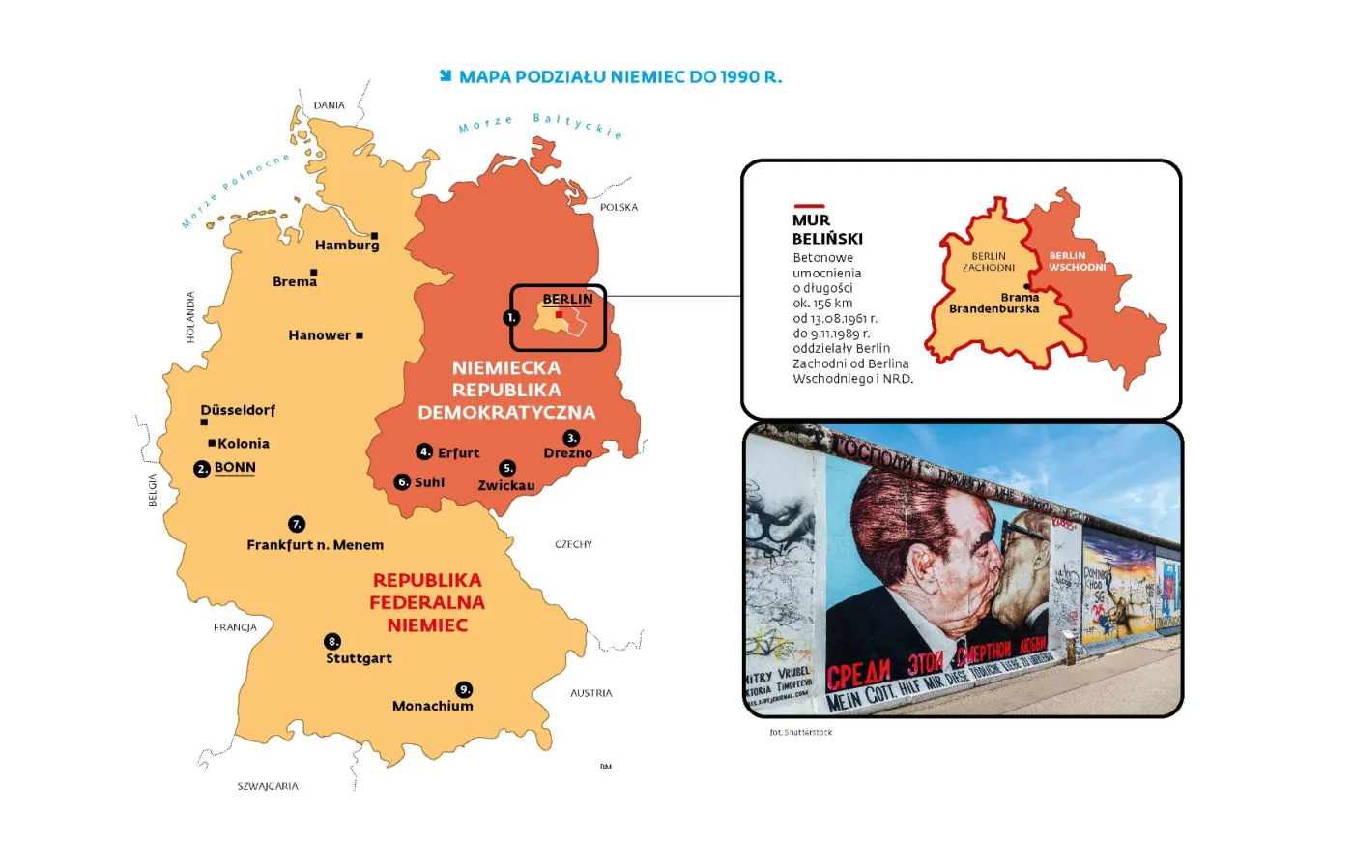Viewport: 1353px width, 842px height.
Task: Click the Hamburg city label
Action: pos(346,246)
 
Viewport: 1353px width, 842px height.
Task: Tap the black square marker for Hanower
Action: pos(360,335)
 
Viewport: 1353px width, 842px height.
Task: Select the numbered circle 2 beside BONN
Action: pos(202,469)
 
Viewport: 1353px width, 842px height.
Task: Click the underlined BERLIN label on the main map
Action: pos(567,300)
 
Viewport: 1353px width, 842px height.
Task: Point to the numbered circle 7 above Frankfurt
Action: pos(297,524)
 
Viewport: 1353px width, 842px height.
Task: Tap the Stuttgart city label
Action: pos(359,658)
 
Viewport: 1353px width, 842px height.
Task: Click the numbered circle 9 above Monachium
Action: pos(465,689)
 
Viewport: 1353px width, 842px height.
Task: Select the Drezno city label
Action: pos(567,453)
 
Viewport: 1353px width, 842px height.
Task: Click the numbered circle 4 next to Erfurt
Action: pos(424,451)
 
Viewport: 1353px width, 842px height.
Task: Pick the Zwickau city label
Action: pos(505,485)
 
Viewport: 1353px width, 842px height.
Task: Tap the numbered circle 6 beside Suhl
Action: pos(403,482)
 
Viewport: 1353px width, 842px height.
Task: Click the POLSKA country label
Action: pos(619,208)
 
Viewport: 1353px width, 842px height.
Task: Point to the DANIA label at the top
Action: pos(329,105)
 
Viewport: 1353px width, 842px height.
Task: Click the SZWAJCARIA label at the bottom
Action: pos(268,787)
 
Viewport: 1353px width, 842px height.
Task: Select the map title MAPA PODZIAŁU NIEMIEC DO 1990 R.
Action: pos(619,77)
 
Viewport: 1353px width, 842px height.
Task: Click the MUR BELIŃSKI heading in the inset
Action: pos(827,229)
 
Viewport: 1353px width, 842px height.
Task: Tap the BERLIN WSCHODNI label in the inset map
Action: pos(1077,262)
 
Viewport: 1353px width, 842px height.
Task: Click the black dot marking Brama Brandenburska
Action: pos(1027,287)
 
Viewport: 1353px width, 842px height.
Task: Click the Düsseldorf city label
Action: pos(238,410)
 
